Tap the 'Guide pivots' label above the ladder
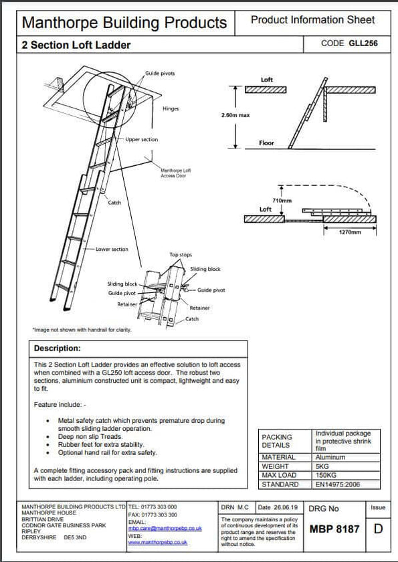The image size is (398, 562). pyautogui.click(x=160, y=74)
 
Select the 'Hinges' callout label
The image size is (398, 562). pyautogui.click(x=171, y=108)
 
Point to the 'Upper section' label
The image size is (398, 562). pyautogui.click(x=142, y=140)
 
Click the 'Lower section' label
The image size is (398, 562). pyautogui.click(x=112, y=249)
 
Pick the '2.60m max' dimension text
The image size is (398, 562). pyautogui.click(x=235, y=115)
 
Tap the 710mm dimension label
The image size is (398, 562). pyautogui.click(x=282, y=200)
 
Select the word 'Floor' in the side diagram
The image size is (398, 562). pyautogui.click(x=267, y=143)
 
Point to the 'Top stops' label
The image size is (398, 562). pyautogui.click(x=181, y=255)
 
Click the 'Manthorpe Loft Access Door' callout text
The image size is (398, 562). pyautogui.click(x=173, y=173)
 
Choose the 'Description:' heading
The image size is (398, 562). pyautogui.click(x=57, y=349)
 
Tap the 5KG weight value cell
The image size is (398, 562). pyautogui.click(x=322, y=466)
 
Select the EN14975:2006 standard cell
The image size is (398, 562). pyautogui.click(x=338, y=484)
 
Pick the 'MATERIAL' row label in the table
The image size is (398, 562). pyautogui.click(x=278, y=457)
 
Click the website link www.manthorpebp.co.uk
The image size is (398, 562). pyautogui.click(x=157, y=542)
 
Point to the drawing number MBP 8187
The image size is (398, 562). pyautogui.click(x=334, y=529)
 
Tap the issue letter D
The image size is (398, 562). pyautogui.click(x=378, y=529)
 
